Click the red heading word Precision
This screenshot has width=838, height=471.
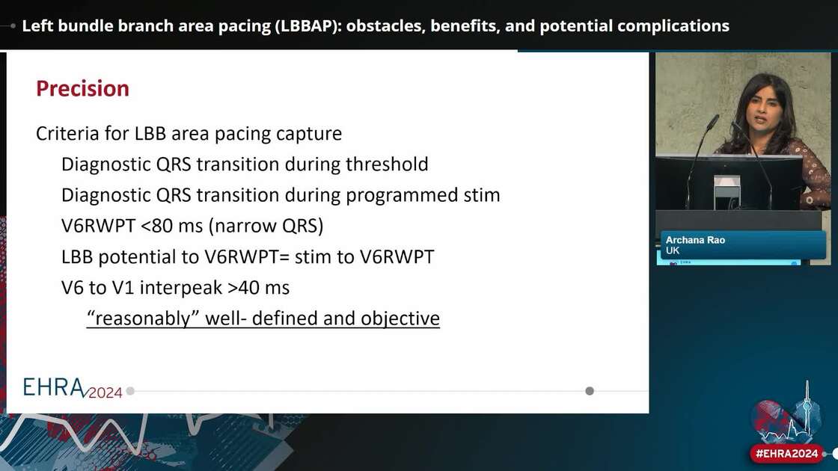click(82, 88)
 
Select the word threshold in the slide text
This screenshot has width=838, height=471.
click(388, 164)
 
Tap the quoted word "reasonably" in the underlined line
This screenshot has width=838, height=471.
click(137, 318)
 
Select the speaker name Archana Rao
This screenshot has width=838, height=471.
click(695, 240)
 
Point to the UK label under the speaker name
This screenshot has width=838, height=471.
click(673, 251)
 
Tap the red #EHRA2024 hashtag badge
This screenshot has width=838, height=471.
click(786, 454)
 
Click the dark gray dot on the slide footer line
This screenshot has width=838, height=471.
click(590, 390)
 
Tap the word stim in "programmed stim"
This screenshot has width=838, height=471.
click(481, 196)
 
